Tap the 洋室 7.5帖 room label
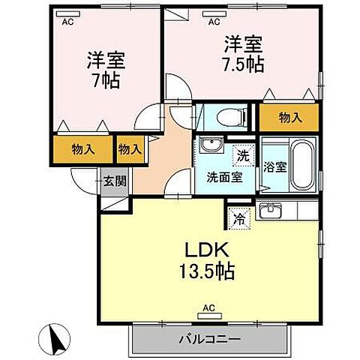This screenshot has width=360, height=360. pos(241,53)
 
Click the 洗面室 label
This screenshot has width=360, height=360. pos(224,177)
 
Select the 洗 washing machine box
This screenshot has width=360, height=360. pos(242,156)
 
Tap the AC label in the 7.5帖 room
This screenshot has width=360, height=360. pos(214,22)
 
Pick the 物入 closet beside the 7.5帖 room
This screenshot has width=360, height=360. pos(289,116)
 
